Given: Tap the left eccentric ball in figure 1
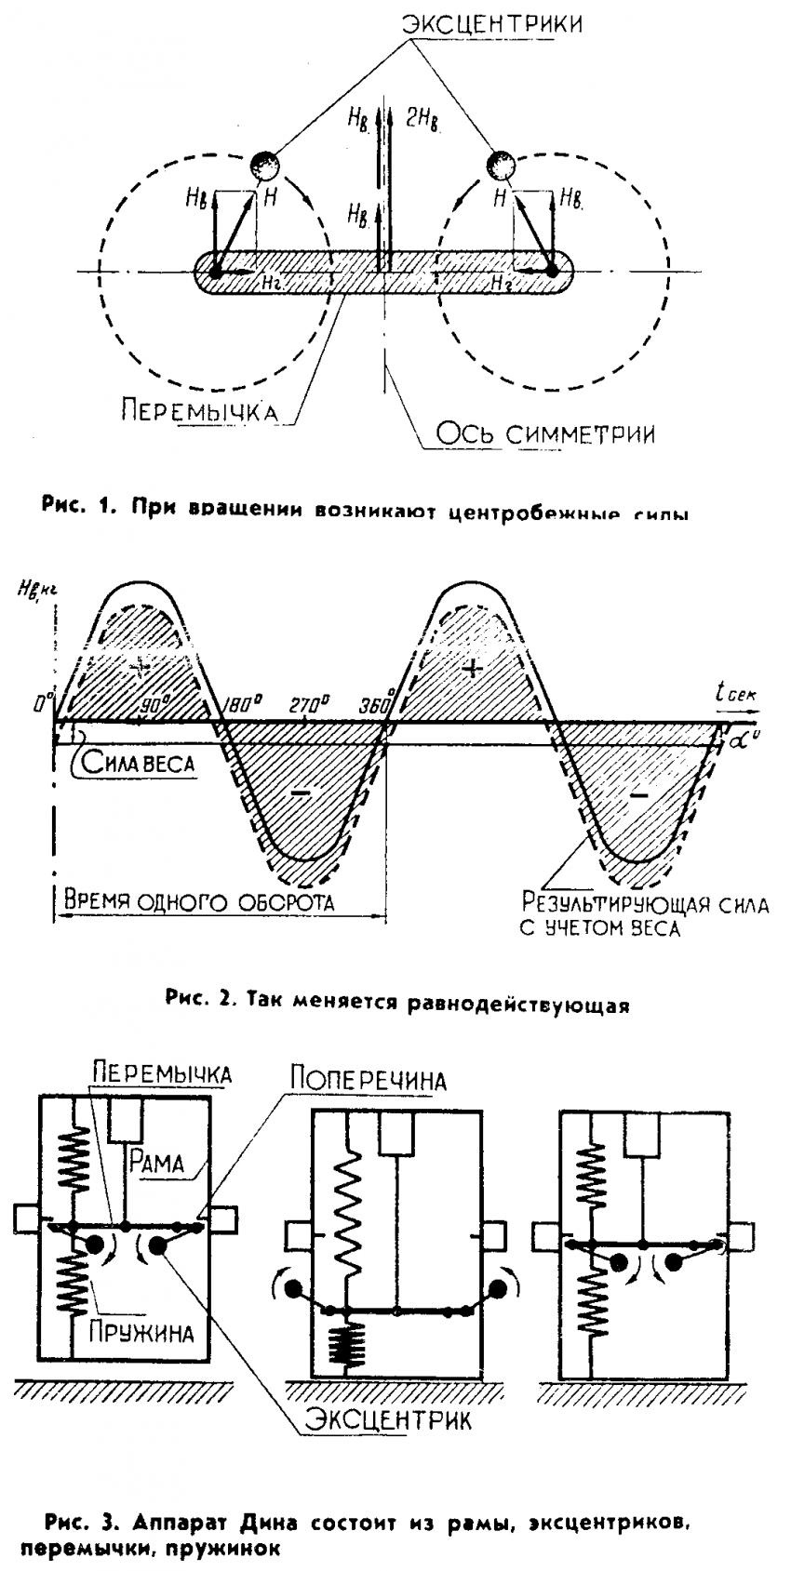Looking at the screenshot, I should click(x=264, y=166).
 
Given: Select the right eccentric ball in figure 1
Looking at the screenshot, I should click(x=501, y=166).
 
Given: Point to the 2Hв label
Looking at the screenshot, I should click(x=422, y=118).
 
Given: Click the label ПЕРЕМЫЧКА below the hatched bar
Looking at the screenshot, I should click(x=198, y=411).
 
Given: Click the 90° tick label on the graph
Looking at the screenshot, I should click(x=151, y=704).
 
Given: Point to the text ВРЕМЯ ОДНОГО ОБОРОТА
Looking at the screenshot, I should click(x=198, y=901).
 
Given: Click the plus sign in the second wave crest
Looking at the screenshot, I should click(x=474, y=668).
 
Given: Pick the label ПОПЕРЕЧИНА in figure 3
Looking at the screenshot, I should click(x=369, y=1080).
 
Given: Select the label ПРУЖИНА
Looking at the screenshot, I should click(x=141, y=1332).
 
